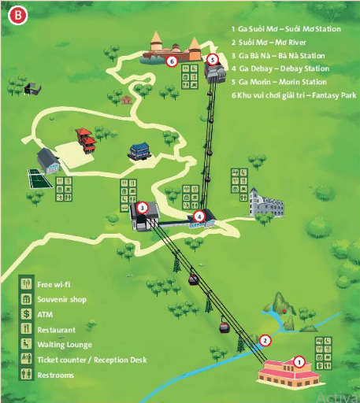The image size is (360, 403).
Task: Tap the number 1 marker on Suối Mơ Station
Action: [299, 362]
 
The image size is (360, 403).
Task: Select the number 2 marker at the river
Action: [265, 341]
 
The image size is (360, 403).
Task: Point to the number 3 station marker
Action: [142, 208]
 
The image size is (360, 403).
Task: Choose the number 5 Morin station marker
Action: [212, 59]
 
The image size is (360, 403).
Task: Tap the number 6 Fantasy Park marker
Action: [171, 59]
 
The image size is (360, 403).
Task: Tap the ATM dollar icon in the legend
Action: [26, 315]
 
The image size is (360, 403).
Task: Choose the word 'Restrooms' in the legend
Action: [55, 375]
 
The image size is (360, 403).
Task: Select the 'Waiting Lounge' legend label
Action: [64, 345]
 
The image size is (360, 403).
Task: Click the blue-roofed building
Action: [139, 149]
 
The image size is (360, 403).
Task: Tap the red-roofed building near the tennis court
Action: [84, 142]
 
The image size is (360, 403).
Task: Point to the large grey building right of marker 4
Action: [265, 201]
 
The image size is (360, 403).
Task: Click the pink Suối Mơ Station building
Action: [286, 373]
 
